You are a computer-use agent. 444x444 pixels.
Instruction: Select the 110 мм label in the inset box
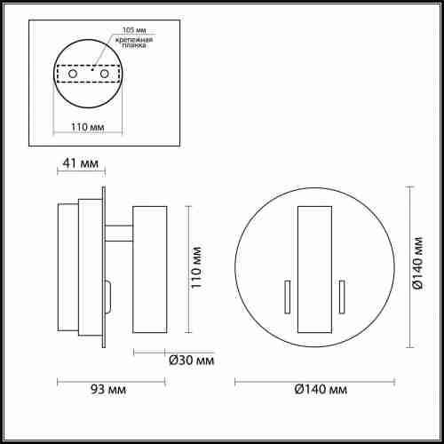85,126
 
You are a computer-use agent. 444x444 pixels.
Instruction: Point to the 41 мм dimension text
79,163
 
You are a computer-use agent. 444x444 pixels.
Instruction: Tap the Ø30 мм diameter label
191,360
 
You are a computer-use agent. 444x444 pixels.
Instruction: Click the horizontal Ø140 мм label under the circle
313,390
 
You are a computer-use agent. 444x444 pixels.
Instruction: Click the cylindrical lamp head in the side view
148,269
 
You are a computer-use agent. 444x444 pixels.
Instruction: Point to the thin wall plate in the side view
104,267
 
